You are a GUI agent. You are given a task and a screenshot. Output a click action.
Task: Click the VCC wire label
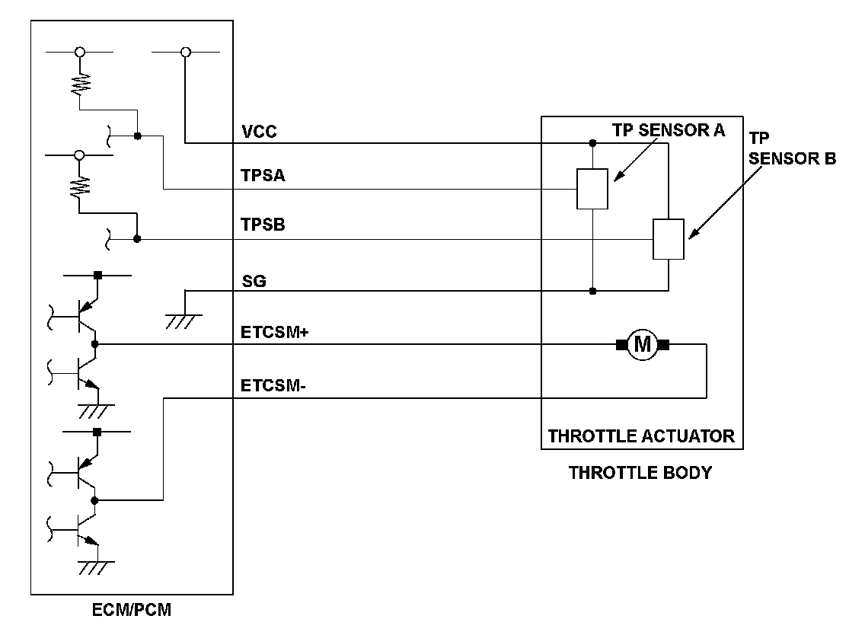(x=259, y=132)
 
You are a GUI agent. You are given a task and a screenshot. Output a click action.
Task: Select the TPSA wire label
(x=263, y=177)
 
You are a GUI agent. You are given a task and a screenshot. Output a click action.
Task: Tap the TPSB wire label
(x=263, y=226)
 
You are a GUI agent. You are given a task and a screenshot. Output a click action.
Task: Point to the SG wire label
(x=254, y=282)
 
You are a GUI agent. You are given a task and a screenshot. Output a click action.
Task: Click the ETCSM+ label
(x=273, y=333)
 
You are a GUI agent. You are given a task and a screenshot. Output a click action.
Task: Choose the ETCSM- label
(x=272, y=387)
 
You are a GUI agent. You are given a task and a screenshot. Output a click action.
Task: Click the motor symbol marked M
(x=643, y=345)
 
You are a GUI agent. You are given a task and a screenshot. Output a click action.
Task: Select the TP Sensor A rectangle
(x=592, y=188)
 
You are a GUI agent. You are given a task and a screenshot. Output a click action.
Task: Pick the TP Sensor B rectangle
(x=668, y=239)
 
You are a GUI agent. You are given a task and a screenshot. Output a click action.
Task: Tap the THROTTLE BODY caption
(x=640, y=473)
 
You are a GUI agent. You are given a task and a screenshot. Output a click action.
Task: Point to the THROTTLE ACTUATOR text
(x=641, y=436)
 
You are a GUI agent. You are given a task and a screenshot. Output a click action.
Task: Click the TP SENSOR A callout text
(x=669, y=130)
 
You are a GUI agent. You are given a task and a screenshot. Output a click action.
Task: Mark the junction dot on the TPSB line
(x=137, y=239)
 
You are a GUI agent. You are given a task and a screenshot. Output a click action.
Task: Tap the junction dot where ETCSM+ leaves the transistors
(x=94, y=344)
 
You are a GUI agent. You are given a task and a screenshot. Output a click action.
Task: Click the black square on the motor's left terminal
(x=621, y=345)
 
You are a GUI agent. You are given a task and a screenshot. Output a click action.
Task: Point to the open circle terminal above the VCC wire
(x=185, y=52)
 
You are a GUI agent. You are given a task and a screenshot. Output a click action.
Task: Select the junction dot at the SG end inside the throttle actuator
(x=592, y=290)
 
